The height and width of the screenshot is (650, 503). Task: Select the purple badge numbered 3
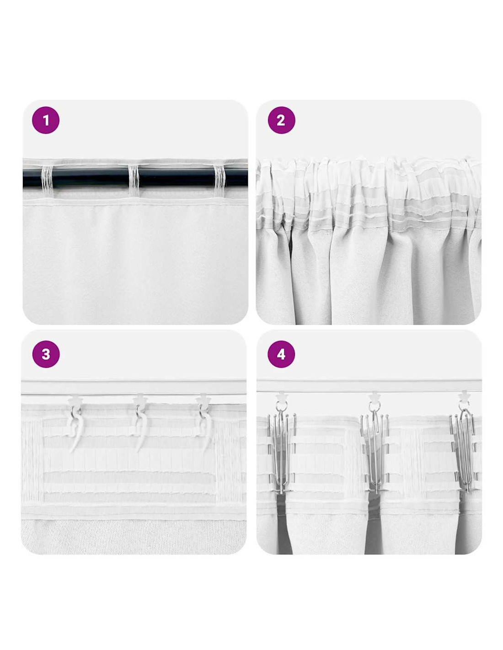(46, 354)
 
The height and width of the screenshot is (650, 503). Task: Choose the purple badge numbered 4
(281, 354)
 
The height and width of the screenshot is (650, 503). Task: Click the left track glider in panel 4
(281, 397)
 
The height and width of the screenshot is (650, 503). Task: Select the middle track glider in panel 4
(375, 397)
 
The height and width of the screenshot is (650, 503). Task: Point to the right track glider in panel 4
(463, 397)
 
